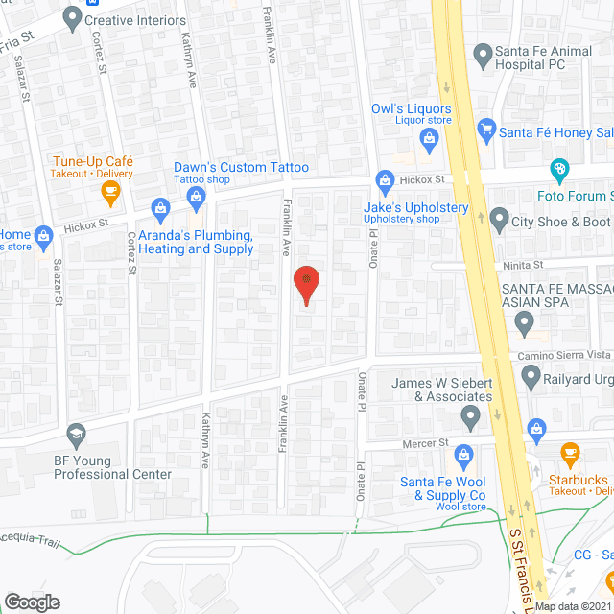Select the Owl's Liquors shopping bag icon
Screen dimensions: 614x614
click(x=429, y=141)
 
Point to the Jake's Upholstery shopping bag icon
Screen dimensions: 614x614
click(x=386, y=179)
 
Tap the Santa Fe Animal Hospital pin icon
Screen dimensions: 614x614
click(x=482, y=53)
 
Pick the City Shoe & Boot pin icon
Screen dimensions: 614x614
click(x=499, y=221)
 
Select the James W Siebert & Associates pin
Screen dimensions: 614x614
click(x=470, y=417)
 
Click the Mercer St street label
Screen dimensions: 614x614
click(x=430, y=443)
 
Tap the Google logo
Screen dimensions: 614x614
click(x=32, y=602)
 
